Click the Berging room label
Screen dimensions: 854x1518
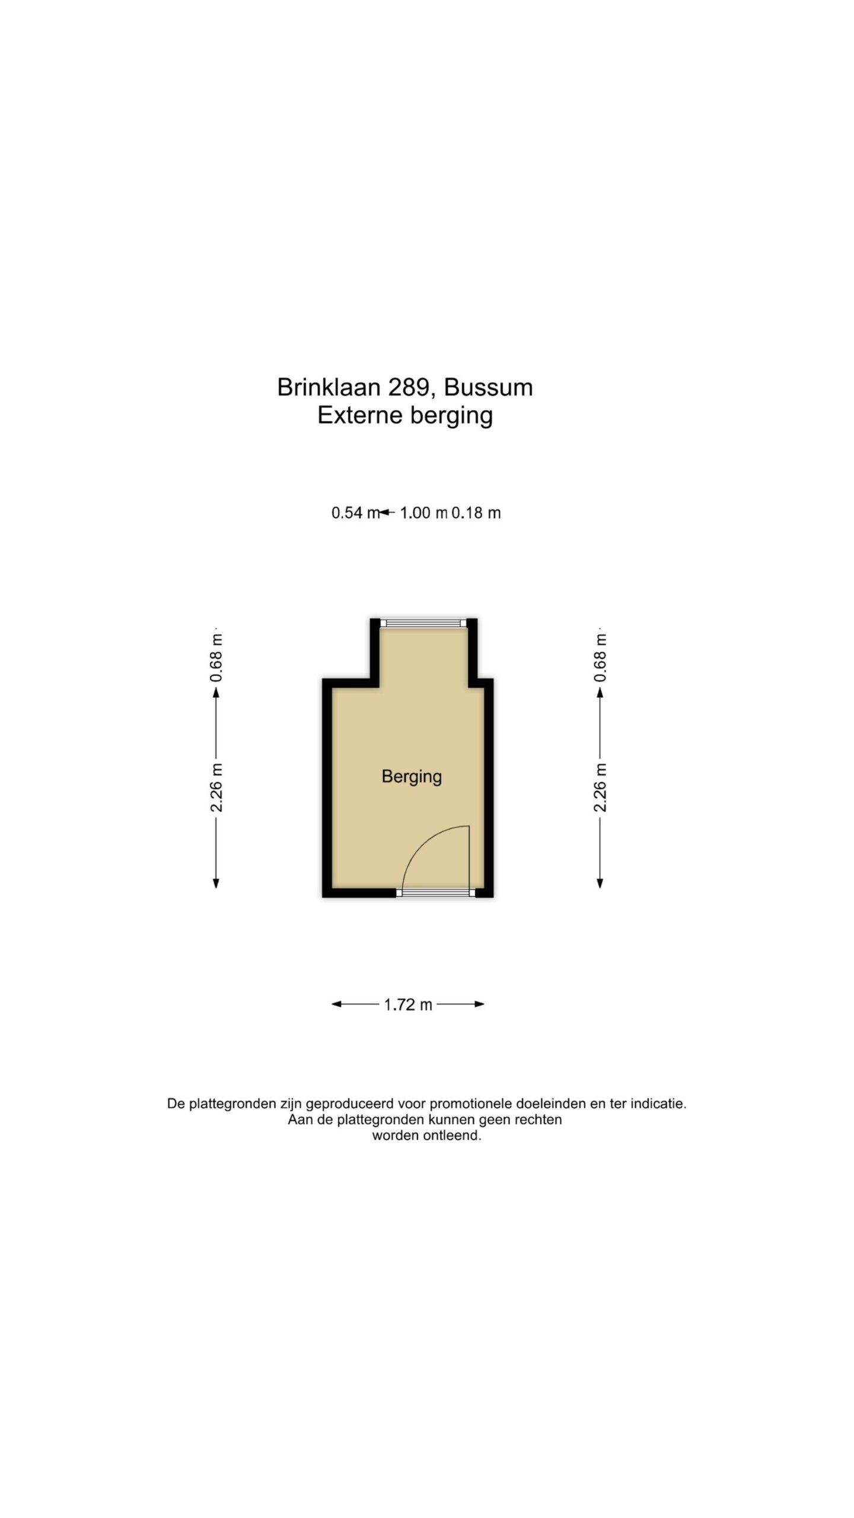(412, 777)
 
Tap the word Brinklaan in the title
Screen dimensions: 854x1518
(329, 387)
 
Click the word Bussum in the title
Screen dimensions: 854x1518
(488, 388)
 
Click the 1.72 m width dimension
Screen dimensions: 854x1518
(408, 1004)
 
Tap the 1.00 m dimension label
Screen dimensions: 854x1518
(423, 513)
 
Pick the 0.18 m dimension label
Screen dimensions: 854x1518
(476, 513)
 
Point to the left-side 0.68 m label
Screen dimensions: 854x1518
(216, 658)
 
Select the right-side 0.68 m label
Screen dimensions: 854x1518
(600, 658)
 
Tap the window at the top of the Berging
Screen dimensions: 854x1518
(423, 623)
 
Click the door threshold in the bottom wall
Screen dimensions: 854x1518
(435, 893)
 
